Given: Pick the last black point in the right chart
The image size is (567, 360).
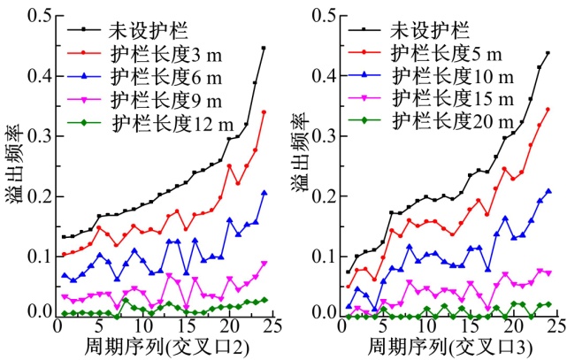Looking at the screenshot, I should click(548, 53).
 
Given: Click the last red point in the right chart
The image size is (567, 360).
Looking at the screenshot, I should click(548, 110).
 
